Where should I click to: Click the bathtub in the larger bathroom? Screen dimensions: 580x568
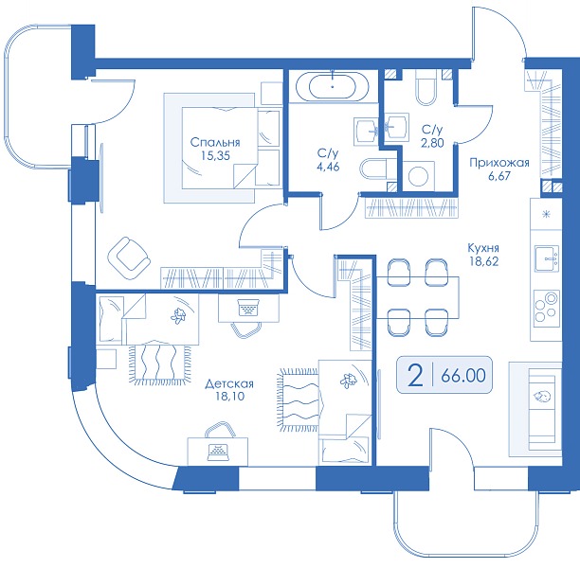point(332,87)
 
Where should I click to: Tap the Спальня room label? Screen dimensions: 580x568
point(215,142)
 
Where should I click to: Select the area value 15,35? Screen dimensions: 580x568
point(215,156)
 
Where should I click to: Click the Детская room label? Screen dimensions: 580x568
point(229,383)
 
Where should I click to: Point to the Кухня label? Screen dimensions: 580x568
point(483,248)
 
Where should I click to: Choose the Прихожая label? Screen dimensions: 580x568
point(499,163)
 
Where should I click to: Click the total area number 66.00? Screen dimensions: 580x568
point(463,376)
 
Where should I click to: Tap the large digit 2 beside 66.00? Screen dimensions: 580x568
point(415,375)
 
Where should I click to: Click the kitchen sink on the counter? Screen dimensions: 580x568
point(547,258)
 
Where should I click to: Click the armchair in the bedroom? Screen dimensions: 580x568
point(129,258)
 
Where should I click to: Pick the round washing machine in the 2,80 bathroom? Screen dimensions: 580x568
point(418,176)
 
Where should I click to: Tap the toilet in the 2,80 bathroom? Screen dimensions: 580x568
point(426,88)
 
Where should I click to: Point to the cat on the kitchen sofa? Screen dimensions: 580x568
point(542,397)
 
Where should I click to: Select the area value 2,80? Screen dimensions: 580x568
point(432,143)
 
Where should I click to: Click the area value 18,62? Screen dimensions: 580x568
point(484,261)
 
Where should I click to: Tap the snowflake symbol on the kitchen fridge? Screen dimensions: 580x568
point(546,214)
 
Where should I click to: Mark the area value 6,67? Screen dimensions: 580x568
point(499,176)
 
